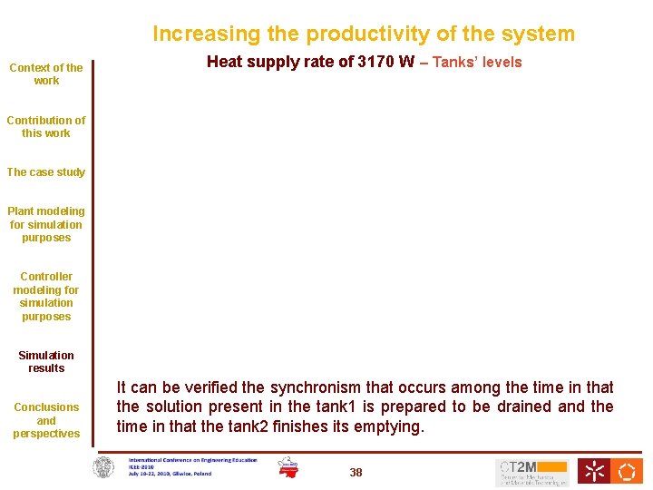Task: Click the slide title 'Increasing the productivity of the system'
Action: (x=363, y=34)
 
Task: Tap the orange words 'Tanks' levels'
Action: (x=477, y=63)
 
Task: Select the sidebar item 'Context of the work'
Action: (x=46, y=73)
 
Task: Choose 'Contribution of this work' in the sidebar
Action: (x=46, y=126)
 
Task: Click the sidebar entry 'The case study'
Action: (x=46, y=172)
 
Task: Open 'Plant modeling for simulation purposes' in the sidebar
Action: (x=46, y=224)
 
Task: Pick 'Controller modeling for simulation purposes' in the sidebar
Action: (x=46, y=297)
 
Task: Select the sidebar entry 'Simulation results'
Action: (x=46, y=361)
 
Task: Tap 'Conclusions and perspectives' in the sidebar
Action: (x=46, y=420)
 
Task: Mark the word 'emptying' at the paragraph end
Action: (x=392, y=426)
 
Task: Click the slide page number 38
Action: (x=356, y=472)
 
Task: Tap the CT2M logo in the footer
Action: (x=531, y=472)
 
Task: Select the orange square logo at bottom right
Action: (x=628, y=471)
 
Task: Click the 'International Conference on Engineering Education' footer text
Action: (x=192, y=460)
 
